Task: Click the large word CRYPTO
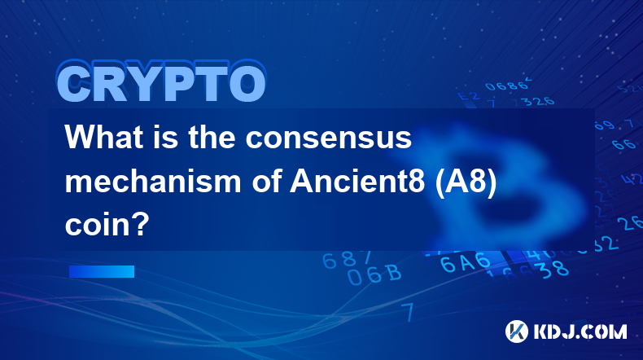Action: coord(162,82)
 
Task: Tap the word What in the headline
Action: coord(103,137)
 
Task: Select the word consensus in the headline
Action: coord(329,138)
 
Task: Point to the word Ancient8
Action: coord(357,181)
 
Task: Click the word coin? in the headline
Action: coord(107,225)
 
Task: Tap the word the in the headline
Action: coord(212,137)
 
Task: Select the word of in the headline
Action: coord(265,181)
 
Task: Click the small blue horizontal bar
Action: coord(102,271)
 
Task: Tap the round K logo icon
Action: coord(517,331)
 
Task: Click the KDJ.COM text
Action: coord(580,331)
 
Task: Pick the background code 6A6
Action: coord(465,262)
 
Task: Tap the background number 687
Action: coord(347,259)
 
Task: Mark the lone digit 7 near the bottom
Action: coord(409,312)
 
